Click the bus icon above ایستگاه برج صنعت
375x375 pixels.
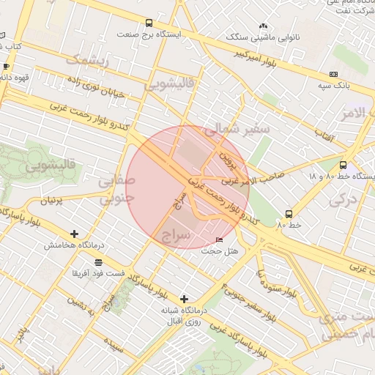coord(149,23)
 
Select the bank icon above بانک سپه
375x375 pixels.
coord(334,74)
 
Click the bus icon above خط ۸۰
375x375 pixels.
coord(289,215)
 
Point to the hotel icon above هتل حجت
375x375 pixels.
coord(220,240)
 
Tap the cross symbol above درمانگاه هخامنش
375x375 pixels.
coord(74,234)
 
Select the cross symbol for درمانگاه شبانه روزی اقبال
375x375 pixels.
coord(184,299)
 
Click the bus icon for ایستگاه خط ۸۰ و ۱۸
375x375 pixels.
coord(344,165)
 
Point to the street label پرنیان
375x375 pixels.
coord(49,200)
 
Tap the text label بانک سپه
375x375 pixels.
coord(331,86)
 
